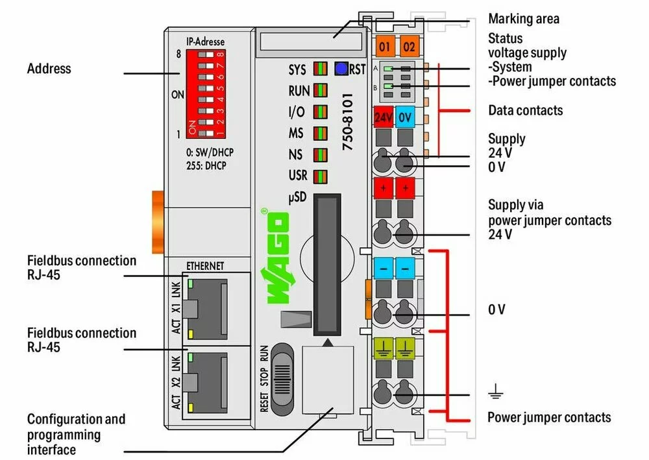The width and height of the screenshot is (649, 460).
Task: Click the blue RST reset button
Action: tap(340, 69)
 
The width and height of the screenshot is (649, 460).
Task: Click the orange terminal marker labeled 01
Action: tap(385, 47)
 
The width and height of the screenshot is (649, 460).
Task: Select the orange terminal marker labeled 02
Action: tap(409, 47)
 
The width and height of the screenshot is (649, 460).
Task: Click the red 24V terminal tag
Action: tap(383, 117)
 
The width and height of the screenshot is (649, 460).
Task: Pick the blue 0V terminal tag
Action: tap(406, 117)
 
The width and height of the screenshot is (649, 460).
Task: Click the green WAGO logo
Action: tap(276, 256)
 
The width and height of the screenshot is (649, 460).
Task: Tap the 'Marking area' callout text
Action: tap(523, 19)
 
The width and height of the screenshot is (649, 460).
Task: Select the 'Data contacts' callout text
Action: tap(525, 110)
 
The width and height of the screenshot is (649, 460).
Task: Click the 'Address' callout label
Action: tap(49, 68)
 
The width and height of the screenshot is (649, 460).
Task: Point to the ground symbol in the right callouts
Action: tap(496, 391)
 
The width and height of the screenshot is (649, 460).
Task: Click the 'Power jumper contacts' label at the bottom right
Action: tap(549, 417)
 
